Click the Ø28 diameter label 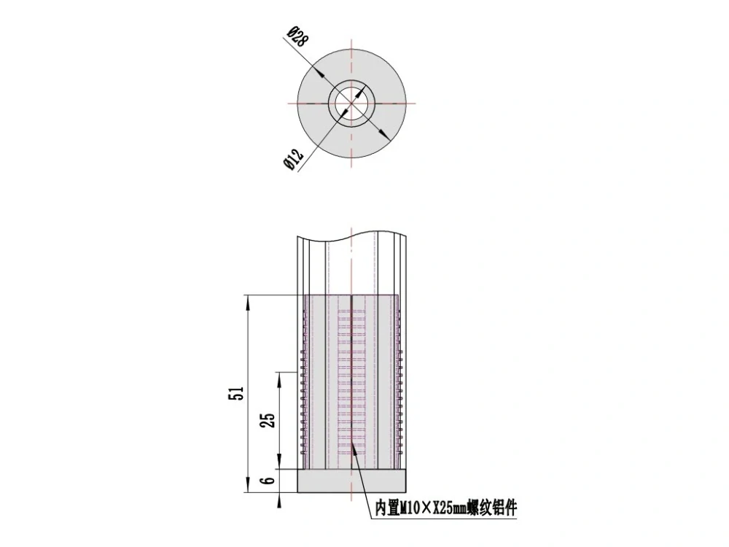point(298,36)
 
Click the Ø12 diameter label point(293,159)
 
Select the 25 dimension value point(269,419)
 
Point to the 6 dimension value point(269,480)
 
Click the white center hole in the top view point(352,104)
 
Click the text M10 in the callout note point(410,508)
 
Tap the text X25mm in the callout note point(450,508)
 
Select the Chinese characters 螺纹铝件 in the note point(491,508)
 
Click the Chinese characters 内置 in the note point(388,508)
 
